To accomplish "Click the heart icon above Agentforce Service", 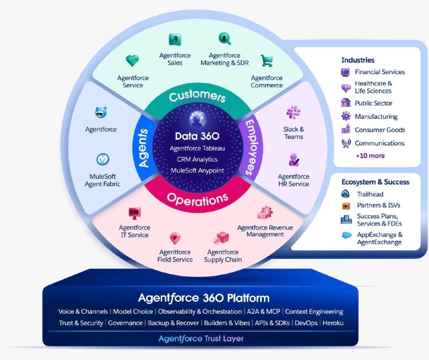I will [x=132, y=61].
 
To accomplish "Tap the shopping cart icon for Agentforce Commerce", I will [x=267, y=61].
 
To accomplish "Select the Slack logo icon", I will [x=293, y=112].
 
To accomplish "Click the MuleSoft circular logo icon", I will [x=102, y=159].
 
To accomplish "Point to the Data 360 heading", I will [x=197, y=136].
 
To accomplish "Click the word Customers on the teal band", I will [x=197, y=96].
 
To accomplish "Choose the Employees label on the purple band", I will [x=251, y=147].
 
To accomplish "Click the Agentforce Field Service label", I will [x=175, y=256].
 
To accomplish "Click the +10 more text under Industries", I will [x=370, y=156].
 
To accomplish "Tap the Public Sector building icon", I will [x=346, y=103].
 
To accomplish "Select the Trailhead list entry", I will [x=370, y=194].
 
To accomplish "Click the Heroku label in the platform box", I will [x=333, y=323].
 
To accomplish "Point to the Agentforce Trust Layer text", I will [x=201, y=339].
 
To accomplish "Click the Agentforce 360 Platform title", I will [x=204, y=298].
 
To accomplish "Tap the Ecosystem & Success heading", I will [x=375, y=182].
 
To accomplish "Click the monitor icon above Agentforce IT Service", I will [x=134, y=213].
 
